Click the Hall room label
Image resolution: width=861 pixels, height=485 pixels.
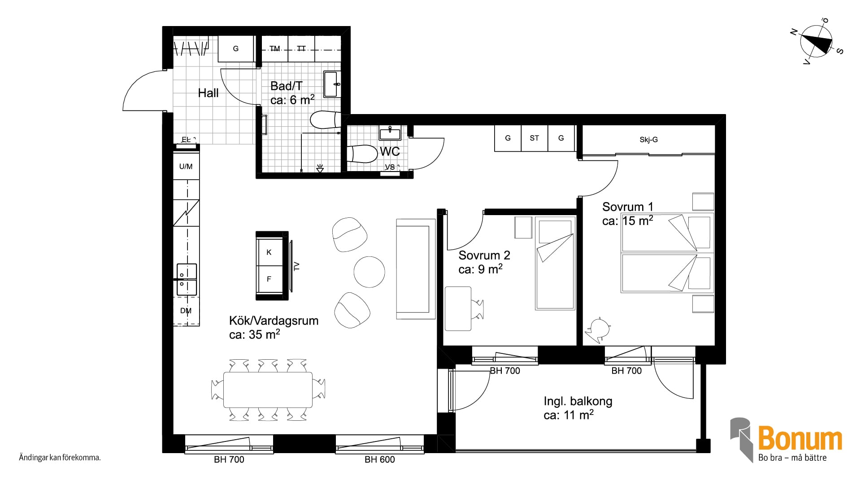pos(209,93)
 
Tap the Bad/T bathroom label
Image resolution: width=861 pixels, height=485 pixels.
pos(287,86)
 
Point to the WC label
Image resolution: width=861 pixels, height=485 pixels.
pos(390,151)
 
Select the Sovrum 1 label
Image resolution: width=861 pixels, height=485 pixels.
pos(628,207)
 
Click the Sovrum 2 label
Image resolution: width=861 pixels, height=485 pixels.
pos(484,255)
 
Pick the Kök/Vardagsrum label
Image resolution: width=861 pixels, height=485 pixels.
pos(274,321)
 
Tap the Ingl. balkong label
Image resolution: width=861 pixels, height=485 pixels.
pos(578,401)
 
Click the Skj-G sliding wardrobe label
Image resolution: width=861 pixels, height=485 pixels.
pos(648,140)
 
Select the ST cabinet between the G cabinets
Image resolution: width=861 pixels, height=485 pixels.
pos(535,138)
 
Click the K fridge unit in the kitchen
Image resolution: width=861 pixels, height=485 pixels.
pos(269,252)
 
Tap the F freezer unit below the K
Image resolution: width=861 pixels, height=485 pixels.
pos(269,279)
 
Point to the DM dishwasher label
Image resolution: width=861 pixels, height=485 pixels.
pos(186,311)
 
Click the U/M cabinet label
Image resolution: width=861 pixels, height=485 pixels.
pos(186,167)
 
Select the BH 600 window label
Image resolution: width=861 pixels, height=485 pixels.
pos(380,459)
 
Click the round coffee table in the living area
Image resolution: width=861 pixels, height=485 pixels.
pos(370,272)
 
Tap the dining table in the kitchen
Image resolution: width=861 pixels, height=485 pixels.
pos(268,389)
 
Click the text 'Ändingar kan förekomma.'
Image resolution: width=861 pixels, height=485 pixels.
pos(60,458)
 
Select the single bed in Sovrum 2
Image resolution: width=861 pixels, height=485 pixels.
pos(555,263)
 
